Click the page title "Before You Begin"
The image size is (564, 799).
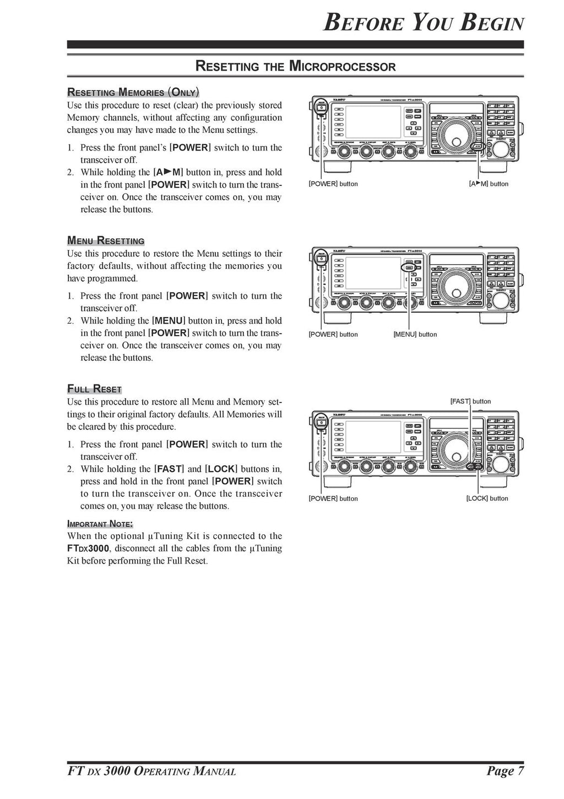tap(423, 24)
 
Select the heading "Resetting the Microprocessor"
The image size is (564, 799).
tap(296, 67)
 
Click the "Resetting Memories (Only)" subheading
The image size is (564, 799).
tap(133, 92)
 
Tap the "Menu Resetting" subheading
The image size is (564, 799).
tap(106, 241)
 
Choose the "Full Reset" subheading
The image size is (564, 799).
tap(94, 389)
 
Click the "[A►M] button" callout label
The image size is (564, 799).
tap(488, 184)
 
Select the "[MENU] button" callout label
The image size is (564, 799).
tap(415, 334)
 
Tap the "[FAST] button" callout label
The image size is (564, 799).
tap(470, 401)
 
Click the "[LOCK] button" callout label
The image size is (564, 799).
tap(487, 498)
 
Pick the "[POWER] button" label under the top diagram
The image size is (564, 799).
tap(333, 184)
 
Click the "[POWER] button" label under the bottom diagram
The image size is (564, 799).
tap(333, 498)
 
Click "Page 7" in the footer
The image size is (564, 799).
tap(505, 771)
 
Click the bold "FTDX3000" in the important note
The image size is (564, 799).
tap(88, 549)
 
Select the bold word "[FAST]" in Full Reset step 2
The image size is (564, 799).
tap(169, 469)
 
